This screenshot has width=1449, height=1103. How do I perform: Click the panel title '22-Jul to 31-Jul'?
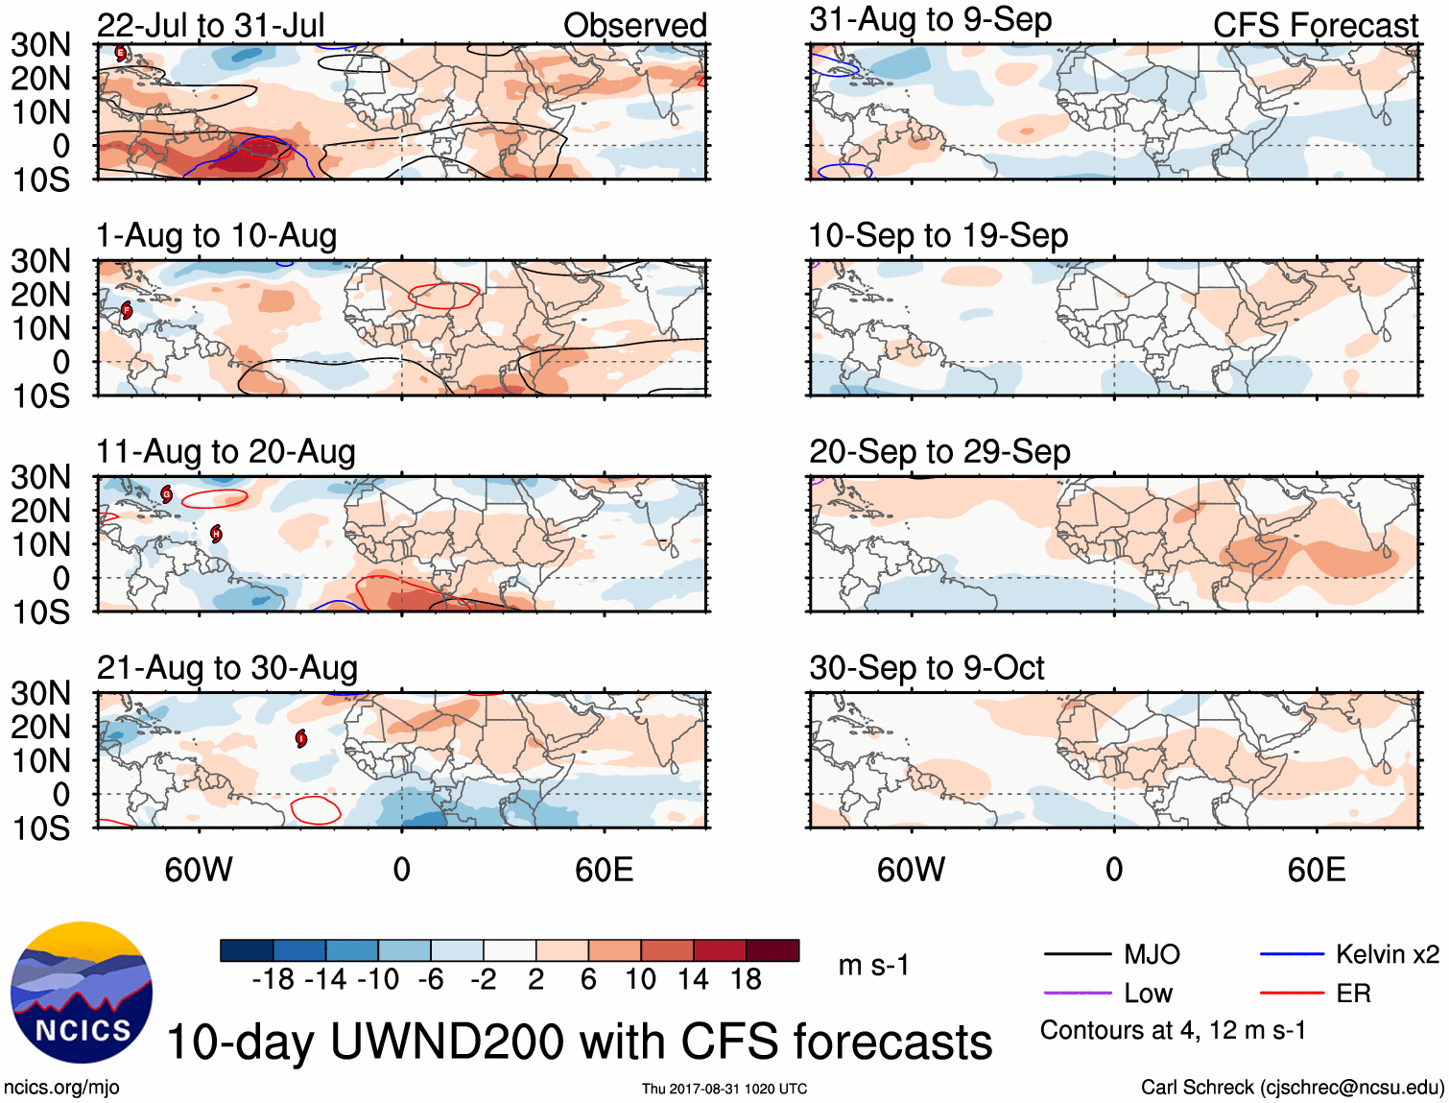click(211, 25)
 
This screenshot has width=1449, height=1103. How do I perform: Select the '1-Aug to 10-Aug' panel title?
click(217, 235)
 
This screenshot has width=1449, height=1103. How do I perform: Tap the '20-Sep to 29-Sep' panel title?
click(939, 451)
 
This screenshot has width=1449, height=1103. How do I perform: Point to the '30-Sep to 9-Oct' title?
click(926, 667)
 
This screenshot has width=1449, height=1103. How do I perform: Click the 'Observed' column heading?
click(634, 25)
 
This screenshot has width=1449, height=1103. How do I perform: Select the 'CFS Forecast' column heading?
click(1315, 25)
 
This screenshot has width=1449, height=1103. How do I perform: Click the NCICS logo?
click(82, 993)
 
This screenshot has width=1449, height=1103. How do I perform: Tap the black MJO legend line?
click(1077, 954)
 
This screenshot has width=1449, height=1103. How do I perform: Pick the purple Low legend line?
click(1077, 993)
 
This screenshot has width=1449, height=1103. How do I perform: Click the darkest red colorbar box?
click(772, 950)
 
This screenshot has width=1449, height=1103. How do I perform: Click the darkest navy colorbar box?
click(247, 950)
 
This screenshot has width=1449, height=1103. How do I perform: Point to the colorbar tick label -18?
click(273, 979)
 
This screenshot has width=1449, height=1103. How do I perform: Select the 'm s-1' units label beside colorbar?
click(873, 965)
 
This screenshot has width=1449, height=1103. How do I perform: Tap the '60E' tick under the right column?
click(1317, 870)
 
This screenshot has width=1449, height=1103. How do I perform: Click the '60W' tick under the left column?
click(199, 870)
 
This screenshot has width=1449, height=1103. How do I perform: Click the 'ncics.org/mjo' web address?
click(61, 1087)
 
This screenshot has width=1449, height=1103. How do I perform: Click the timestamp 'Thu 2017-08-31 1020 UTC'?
click(724, 1089)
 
